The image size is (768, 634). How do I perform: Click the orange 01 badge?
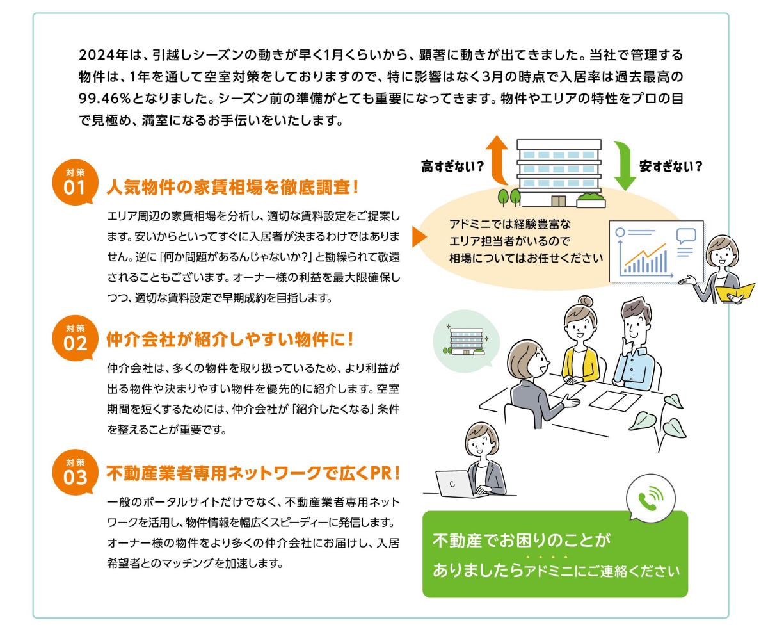[x=75, y=182]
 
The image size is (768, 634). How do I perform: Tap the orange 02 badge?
[x=75, y=338]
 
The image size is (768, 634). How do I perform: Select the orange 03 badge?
[x=75, y=472]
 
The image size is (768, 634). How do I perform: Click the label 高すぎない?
[x=452, y=167]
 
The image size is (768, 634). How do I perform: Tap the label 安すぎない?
[x=671, y=167]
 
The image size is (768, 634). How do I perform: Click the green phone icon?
[x=650, y=499]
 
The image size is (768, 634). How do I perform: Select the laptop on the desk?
[x=454, y=484]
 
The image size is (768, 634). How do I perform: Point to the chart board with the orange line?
[x=656, y=252]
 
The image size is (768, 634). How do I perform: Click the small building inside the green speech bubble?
[x=466, y=341]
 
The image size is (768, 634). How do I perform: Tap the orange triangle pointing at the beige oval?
[x=419, y=237]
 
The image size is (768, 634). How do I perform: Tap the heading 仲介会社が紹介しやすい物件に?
[x=230, y=339]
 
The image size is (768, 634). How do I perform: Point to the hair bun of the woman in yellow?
[x=585, y=302]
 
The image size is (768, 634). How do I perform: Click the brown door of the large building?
[x=559, y=201]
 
